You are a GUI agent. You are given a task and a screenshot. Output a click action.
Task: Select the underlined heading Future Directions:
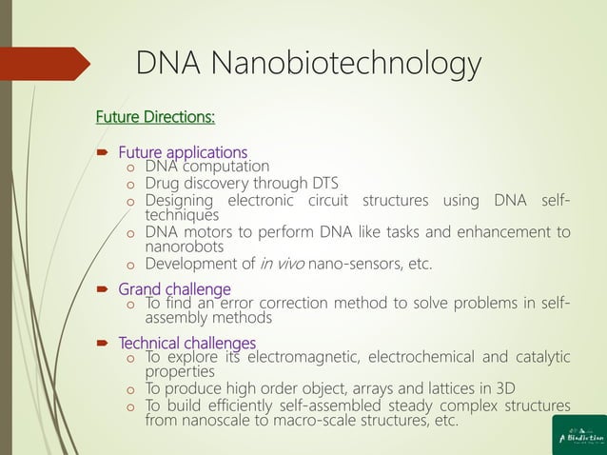click(155, 118)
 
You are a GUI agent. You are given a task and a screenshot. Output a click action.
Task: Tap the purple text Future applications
click(182, 152)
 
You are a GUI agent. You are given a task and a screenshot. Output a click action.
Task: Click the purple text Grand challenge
click(174, 288)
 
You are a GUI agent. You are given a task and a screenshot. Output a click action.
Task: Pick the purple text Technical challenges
click(186, 343)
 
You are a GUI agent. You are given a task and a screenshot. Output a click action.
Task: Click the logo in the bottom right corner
click(578, 434)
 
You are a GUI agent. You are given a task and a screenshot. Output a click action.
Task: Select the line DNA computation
click(206, 167)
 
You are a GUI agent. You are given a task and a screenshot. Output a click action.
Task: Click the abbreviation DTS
click(322, 184)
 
